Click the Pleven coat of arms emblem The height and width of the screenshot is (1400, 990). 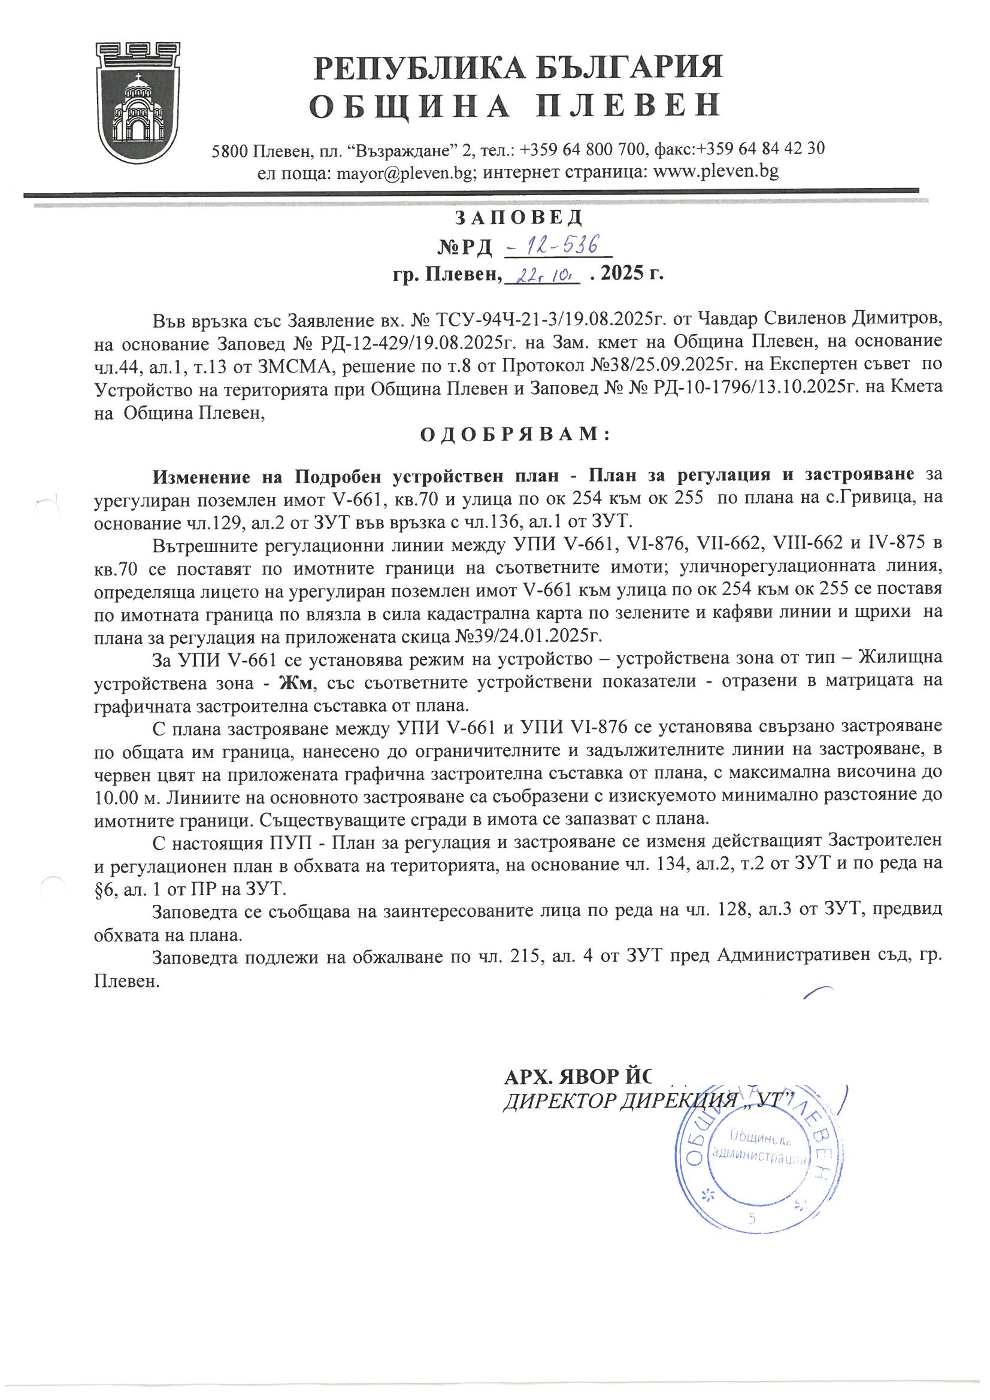[139, 102]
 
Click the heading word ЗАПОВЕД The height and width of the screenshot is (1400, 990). [519, 216]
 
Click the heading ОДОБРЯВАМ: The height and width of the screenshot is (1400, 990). [515, 435]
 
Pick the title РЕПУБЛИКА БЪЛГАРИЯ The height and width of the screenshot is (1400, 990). [518, 67]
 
